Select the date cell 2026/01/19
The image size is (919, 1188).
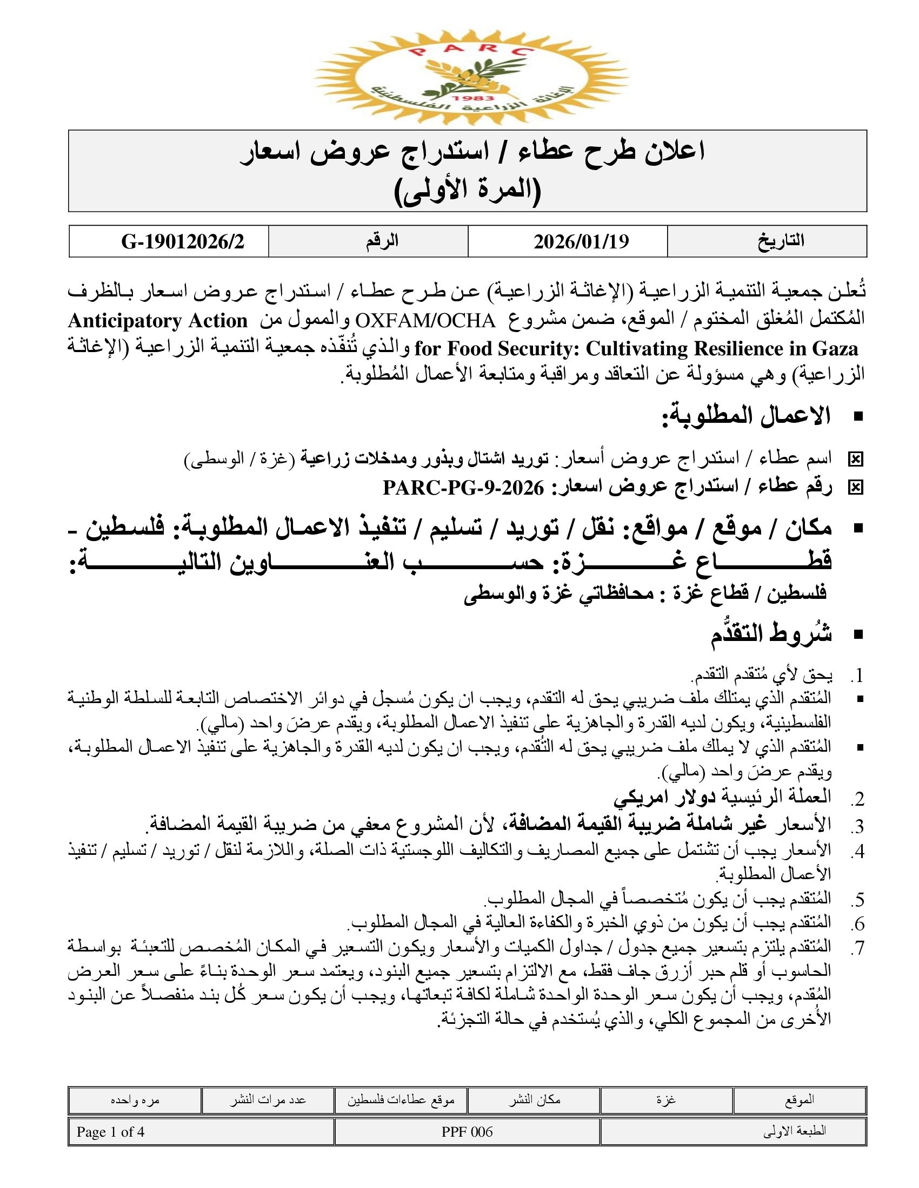tap(581, 241)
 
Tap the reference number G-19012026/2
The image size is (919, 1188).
tap(182, 241)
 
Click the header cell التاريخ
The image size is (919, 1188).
tap(781, 241)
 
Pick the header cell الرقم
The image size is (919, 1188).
tap(382, 241)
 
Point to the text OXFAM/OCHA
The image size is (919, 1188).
tap(425, 321)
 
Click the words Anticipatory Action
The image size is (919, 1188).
tap(158, 321)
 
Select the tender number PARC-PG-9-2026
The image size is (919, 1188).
tap(463, 488)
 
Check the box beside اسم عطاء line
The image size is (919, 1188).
tap(855, 460)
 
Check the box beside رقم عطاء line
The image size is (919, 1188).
tap(855, 488)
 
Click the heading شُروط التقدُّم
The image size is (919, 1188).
tap(771, 634)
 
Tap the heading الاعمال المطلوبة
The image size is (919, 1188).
tap(746, 417)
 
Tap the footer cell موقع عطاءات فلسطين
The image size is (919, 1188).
tap(401, 1100)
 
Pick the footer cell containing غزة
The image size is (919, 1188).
tap(666, 1100)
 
